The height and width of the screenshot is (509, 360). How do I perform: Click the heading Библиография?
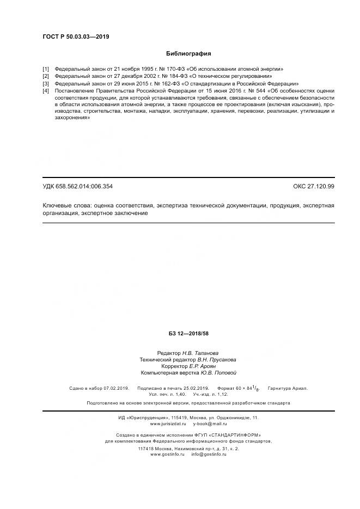pyautogui.click(x=188, y=54)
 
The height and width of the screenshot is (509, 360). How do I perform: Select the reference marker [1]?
pyautogui.click(x=46, y=69)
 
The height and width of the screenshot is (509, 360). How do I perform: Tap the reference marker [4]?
pyautogui.click(x=46, y=90)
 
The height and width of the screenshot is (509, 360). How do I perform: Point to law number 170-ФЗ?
pyautogui.click(x=164, y=69)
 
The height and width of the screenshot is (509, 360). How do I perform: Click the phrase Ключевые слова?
pyautogui.click(x=66, y=206)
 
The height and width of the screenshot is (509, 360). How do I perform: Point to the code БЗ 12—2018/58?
pyautogui.click(x=189, y=333)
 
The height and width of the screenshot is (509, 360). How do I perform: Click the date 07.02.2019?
pyautogui.click(x=115, y=388)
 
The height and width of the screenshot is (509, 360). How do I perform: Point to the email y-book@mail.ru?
pyautogui.click(x=210, y=423)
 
